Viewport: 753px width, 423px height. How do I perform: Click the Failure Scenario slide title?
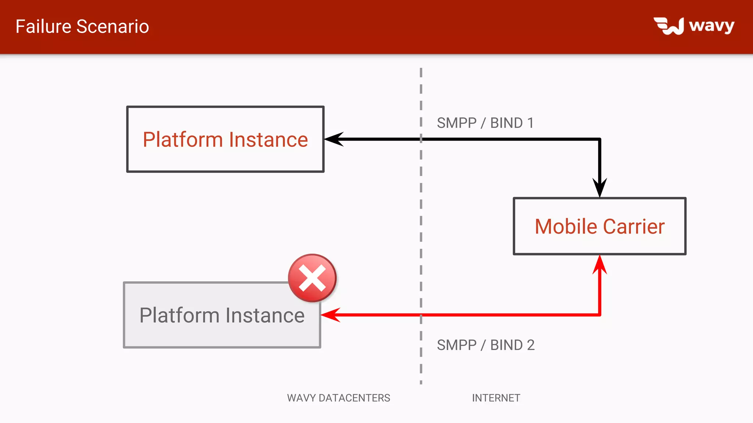(x=82, y=26)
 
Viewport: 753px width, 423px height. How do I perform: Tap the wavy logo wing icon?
(x=669, y=26)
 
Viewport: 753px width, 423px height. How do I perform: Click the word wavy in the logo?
(x=711, y=26)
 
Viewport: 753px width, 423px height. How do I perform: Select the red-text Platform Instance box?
(x=225, y=139)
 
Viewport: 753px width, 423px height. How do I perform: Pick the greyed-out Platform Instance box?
(x=222, y=315)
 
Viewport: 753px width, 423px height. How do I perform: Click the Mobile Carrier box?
(x=599, y=226)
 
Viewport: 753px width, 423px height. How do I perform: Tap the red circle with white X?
(x=312, y=278)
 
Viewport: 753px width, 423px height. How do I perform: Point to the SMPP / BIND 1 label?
(x=485, y=123)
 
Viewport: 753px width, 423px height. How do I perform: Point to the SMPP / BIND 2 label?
(x=485, y=345)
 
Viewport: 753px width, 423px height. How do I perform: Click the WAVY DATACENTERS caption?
(x=338, y=398)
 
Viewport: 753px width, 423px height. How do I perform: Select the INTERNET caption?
(x=496, y=398)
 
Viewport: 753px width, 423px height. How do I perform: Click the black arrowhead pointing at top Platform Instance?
(x=333, y=139)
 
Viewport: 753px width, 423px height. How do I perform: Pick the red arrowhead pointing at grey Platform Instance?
(x=330, y=315)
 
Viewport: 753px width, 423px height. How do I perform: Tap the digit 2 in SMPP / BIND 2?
(x=531, y=345)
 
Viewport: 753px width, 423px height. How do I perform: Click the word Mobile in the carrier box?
(x=566, y=227)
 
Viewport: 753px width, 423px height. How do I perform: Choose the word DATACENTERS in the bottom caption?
(x=354, y=398)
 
